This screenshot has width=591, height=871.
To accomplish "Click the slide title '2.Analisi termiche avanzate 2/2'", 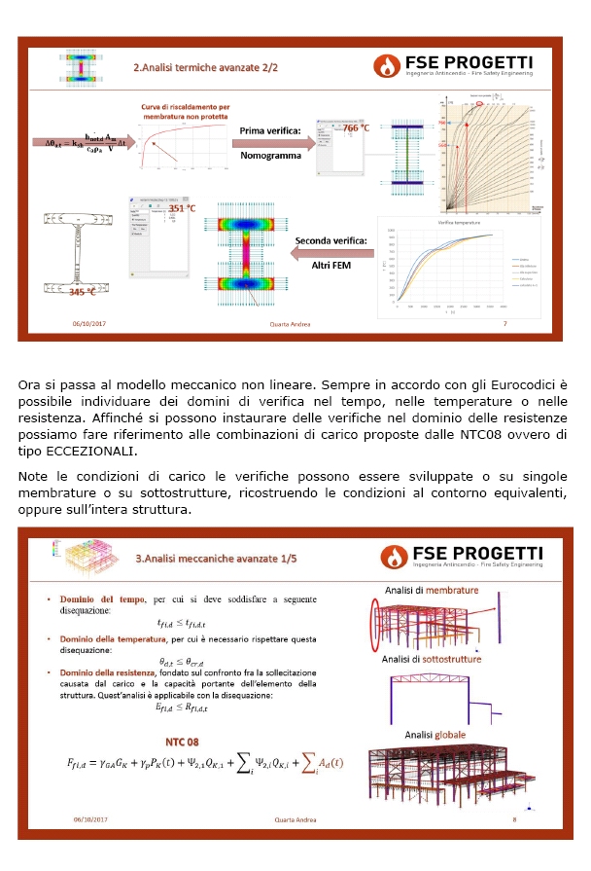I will pos(205,68).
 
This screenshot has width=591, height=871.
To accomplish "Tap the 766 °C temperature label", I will pos(356,127).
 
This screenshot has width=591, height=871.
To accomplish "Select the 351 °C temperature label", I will pos(182,208).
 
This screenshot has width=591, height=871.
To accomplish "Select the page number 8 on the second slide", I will pos(514,819).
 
